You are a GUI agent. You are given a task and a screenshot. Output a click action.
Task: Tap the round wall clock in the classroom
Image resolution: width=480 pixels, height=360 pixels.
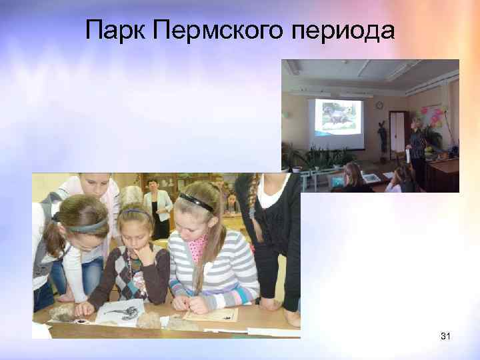click(379, 105)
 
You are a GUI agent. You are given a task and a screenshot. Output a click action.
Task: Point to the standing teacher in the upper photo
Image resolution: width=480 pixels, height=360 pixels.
click(417, 150)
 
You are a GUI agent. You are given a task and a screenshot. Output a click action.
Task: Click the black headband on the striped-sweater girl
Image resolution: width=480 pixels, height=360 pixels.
click(197, 202)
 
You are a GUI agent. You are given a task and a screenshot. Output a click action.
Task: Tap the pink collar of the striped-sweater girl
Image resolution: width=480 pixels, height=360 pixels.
click(197, 246)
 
